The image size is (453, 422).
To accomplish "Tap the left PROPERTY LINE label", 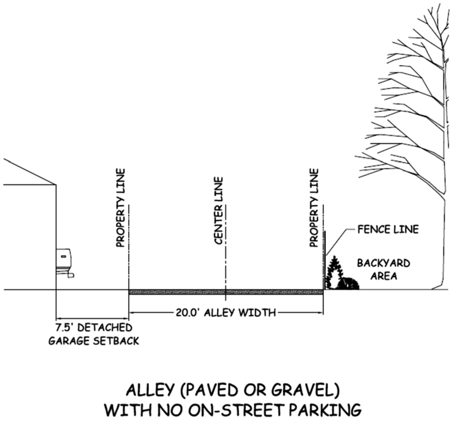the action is (x=121, y=208).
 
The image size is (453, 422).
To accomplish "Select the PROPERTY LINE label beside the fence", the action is (x=314, y=208).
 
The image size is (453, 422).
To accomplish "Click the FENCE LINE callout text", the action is (x=388, y=229).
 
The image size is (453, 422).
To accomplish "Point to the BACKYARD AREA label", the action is (x=384, y=269).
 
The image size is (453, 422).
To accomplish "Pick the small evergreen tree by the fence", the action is (x=334, y=272).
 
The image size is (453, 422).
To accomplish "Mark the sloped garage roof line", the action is (x=30, y=172).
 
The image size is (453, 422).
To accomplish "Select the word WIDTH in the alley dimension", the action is (x=259, y=312).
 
